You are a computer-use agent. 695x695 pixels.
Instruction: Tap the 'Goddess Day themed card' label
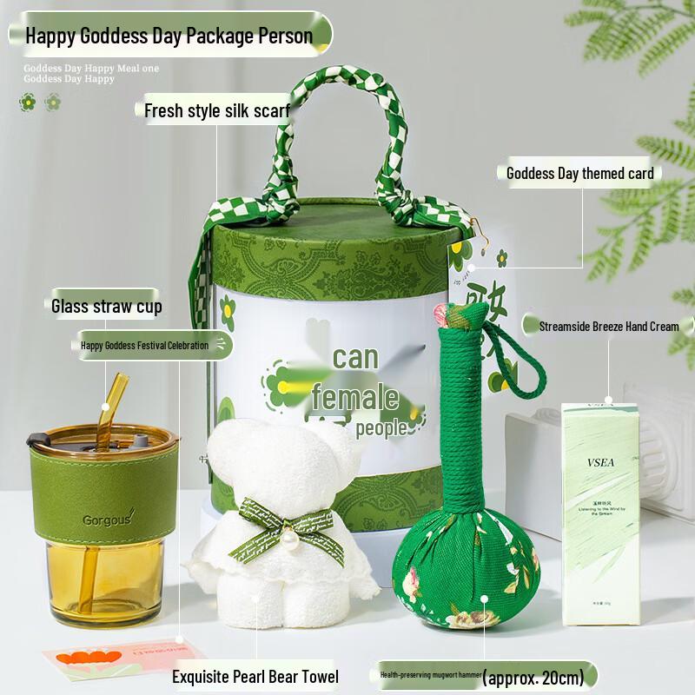[579, 173]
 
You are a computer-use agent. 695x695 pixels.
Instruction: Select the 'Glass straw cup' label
[106, 306]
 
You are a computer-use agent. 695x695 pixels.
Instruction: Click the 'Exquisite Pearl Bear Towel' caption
[254, 676]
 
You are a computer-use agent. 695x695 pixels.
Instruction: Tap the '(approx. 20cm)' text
[538, 674]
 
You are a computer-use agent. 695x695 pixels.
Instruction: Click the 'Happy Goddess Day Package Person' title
[169, 36]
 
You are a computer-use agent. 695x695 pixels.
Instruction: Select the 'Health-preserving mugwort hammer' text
[428, 674]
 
